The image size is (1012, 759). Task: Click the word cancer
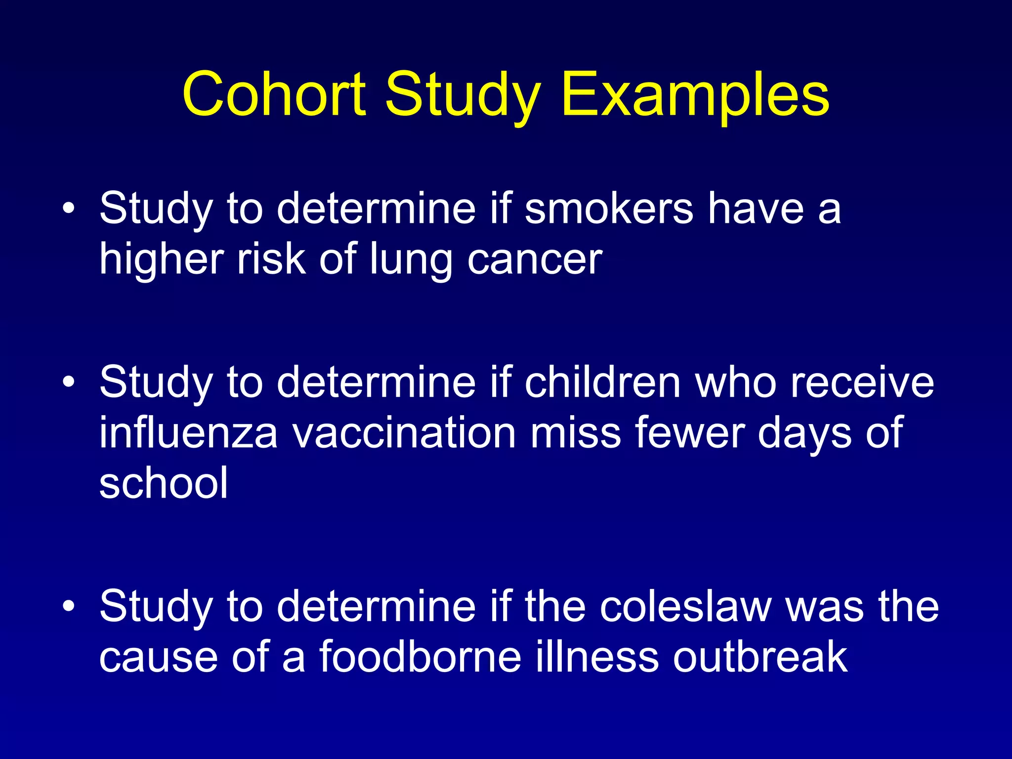tap(535, 259)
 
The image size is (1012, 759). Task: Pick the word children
tap(603, 382)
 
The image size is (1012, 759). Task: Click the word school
tap(164, 483)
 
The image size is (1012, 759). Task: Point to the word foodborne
tap(420, 657)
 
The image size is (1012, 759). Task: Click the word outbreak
tap(760, 657)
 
